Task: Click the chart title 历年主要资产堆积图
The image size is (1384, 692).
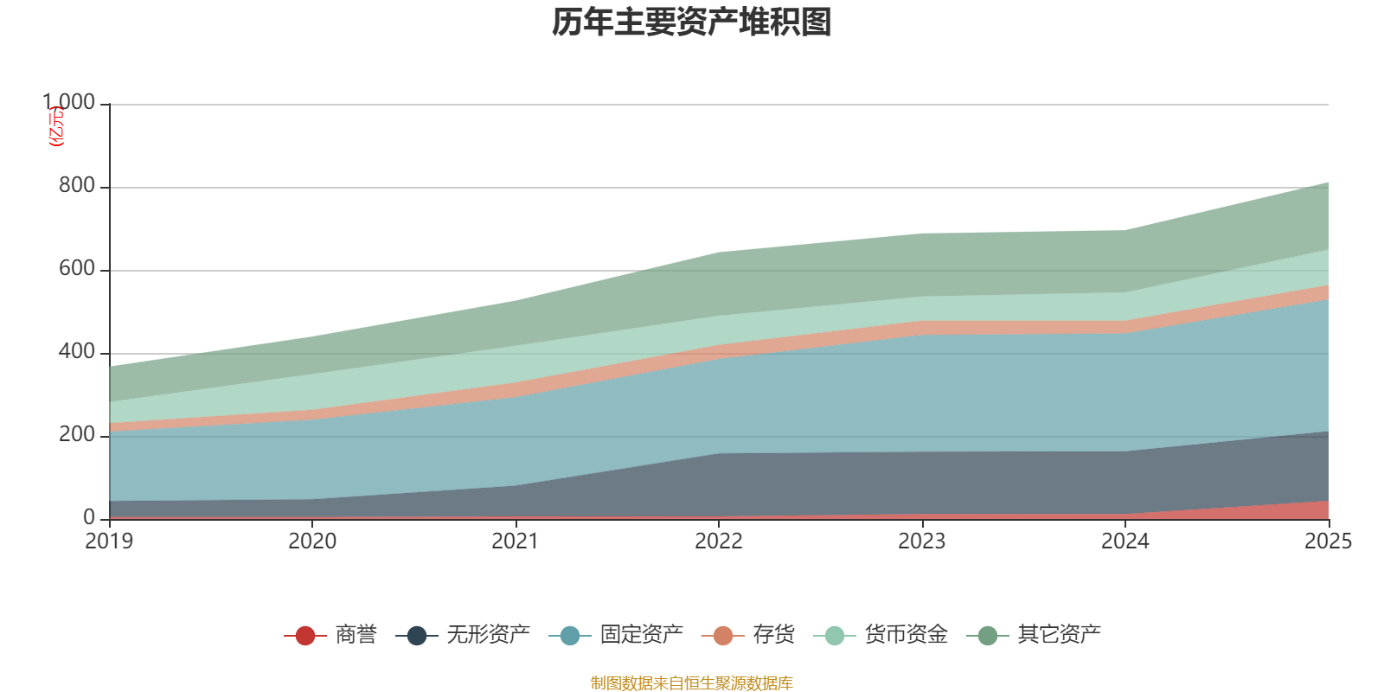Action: [692, 22]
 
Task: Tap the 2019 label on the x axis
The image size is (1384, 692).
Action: [109, 541]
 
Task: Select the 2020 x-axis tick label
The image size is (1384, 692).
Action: [312, 541]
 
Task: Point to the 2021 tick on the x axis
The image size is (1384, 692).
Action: [516, 541]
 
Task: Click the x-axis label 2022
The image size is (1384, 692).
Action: [719, 541]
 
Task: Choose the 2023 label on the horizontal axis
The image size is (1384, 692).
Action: [922, 541]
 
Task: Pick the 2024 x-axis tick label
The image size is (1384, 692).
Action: [1124, 541]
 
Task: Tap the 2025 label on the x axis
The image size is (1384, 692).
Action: [1328, 541]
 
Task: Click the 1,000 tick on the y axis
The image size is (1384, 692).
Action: [69, 103]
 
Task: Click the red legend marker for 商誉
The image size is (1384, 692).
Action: [304, 636]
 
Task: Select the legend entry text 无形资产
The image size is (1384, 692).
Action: [488, 635]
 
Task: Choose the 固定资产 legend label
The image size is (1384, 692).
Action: [641, 635]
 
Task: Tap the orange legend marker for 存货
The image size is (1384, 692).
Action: [723, 636]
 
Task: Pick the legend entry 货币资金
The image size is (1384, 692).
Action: [906, 635]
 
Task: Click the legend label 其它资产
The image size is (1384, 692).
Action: [1059, 635]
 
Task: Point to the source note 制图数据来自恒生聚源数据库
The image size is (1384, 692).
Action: [692, 683]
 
